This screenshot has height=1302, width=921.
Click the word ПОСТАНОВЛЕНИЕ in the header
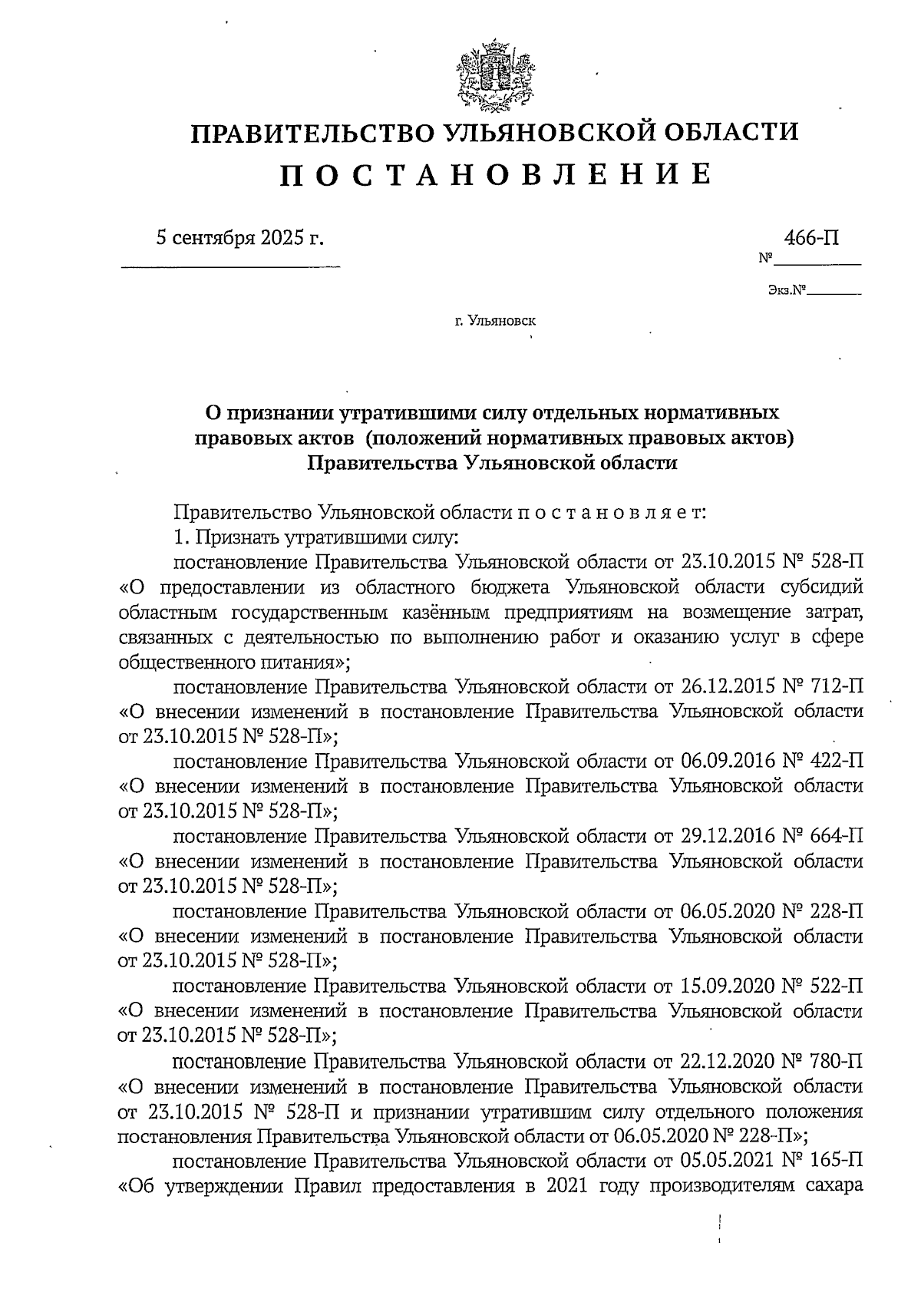click(495, 176)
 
